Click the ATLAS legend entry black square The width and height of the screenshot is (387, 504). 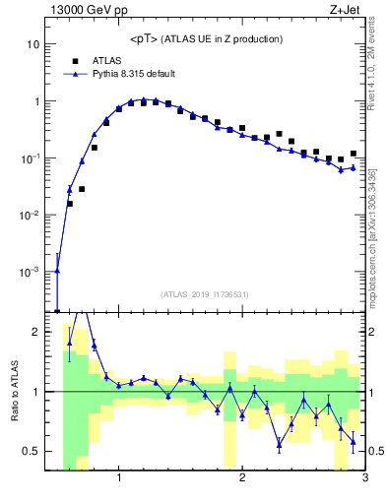(x=75, y=60)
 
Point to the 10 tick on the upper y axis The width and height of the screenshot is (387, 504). (x=32, y=44)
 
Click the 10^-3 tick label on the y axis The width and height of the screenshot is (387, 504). (x=30, y=272)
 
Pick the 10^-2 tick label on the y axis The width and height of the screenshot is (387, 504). (x=30, y=215)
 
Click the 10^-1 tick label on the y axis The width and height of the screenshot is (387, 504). (x=30, y=158)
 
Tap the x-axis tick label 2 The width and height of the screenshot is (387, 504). (x=242, y=479)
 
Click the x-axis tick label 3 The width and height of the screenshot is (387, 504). (x=364, y=479)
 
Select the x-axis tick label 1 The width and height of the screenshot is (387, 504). (x=119, y=479)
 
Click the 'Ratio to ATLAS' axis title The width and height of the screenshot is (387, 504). (x=13, y=391)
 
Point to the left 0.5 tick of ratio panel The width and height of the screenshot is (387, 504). (x=33, y=451)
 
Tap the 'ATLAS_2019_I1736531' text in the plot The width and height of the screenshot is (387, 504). (x=205, y=294)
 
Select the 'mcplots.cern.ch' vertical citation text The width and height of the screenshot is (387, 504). (x=377, y=236)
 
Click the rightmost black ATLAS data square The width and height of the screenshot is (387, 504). (x=353, y=154)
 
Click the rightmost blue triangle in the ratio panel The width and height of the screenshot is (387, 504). (x=353, y=442)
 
